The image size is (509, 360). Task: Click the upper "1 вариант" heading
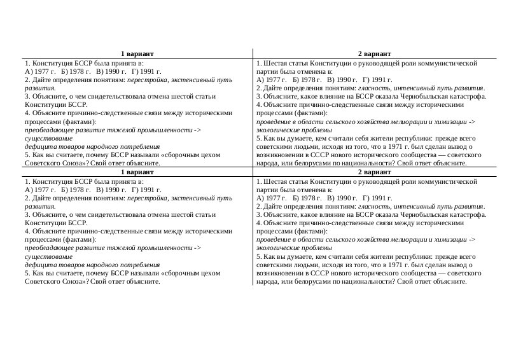pyautogui.click(x=138, y=54)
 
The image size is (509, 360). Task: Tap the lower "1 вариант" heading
pyautogui.click(x=138, y=172)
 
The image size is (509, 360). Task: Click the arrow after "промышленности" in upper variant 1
pyautogui.click(x=197, y=130)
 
